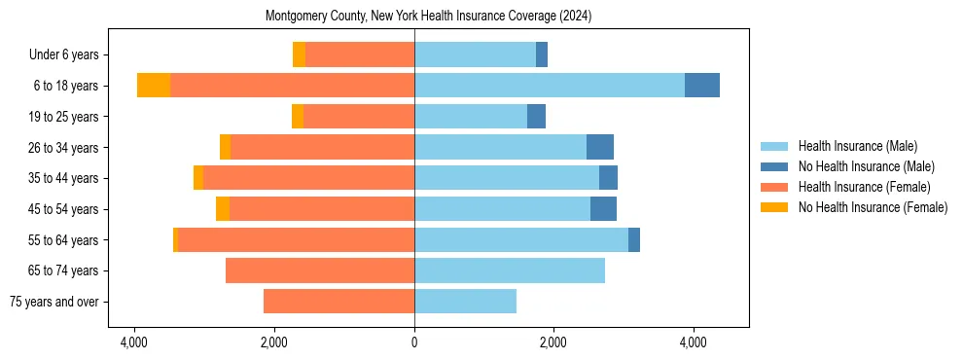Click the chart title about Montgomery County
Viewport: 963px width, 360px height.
[x=428, y=17]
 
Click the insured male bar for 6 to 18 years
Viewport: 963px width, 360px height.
[x=550, y=85]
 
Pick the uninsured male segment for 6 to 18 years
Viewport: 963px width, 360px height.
[x=702, y=85]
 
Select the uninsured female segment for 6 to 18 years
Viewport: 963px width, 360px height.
[x=154, y=85]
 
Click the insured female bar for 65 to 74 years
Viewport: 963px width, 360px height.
[x=320, y=270]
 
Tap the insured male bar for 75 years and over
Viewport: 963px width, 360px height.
[x=465, y=302]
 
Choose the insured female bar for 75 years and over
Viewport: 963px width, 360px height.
[x=339, y=302]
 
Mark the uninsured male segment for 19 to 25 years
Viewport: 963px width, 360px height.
[x=536, y=116]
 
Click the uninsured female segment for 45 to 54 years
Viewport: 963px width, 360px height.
[x=223, y=209]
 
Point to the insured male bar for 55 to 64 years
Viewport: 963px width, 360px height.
[x=521, y=240]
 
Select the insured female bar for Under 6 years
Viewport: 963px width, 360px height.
[x=360, y=54]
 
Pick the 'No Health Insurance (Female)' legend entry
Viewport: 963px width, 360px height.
[x=873, y=207]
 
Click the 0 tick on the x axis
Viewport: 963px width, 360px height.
[x=414, y=342]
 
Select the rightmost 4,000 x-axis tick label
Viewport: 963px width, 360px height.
[x=693, y=342]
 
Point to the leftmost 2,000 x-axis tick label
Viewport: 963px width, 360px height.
[x=273, y=342]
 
